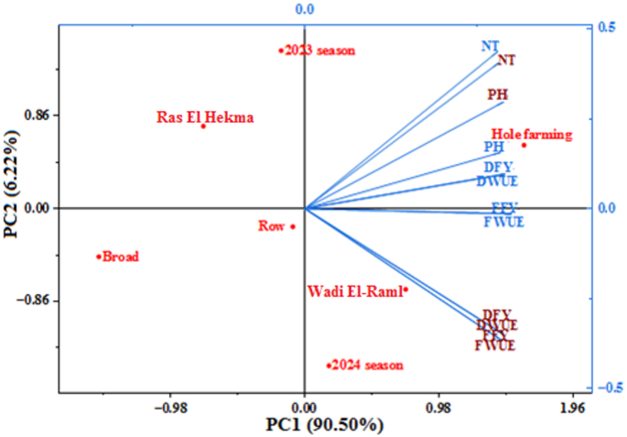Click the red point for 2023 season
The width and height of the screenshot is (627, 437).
281,50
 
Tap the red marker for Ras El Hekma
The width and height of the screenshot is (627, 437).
203,126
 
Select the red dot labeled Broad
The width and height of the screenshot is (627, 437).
99,257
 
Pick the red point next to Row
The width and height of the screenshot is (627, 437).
293,226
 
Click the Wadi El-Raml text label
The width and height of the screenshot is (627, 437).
353,291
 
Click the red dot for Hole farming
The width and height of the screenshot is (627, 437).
524,145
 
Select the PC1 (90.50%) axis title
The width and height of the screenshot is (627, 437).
324,425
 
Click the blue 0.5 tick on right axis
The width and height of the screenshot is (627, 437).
605,28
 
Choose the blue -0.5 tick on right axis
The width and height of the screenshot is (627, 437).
603,387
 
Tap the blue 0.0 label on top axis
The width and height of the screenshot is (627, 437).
306,9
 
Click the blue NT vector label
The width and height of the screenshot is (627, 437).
490,46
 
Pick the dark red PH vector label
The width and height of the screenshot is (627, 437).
497,93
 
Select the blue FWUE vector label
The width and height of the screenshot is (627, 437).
503,222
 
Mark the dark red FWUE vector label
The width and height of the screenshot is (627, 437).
495,345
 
